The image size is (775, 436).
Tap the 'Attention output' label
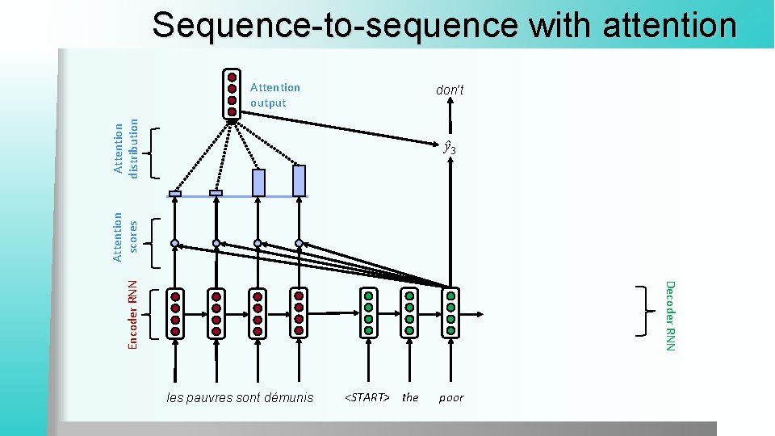pyautogui.click(x=274, y=95)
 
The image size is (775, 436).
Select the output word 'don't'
pyautogui.click(x=450, y=90)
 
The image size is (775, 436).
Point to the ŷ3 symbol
pyautogui.click(x=450, y=149)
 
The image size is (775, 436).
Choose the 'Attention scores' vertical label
pyautogui.click(x=125, y=236)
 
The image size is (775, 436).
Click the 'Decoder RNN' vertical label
pyautogui.click(x=668, y=314)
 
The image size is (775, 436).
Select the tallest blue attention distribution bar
pyautogui.click(x=300, y=181)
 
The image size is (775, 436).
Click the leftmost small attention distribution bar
pyautogui.click(x=174, y=193)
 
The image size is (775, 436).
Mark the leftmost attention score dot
pyautogui.click(x=174, y=243)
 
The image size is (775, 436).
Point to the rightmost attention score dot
pyautogui.click(x=299, y=243)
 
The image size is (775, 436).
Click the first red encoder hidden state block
pyautogui.click(x=174, y=312)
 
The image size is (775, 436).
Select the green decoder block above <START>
pyautogui.click(x=368, y=312)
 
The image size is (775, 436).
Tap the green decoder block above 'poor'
pyautogui.click(x=450, y=312)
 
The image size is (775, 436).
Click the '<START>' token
pyautogui.click(x=367, y=397)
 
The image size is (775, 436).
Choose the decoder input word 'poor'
pyautogui.click(x=451, y=397)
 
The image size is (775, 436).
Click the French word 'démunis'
pyautogui.click(x=289, y=397)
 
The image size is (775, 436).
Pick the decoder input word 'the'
pyautogui.click(x=410, y=397)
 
